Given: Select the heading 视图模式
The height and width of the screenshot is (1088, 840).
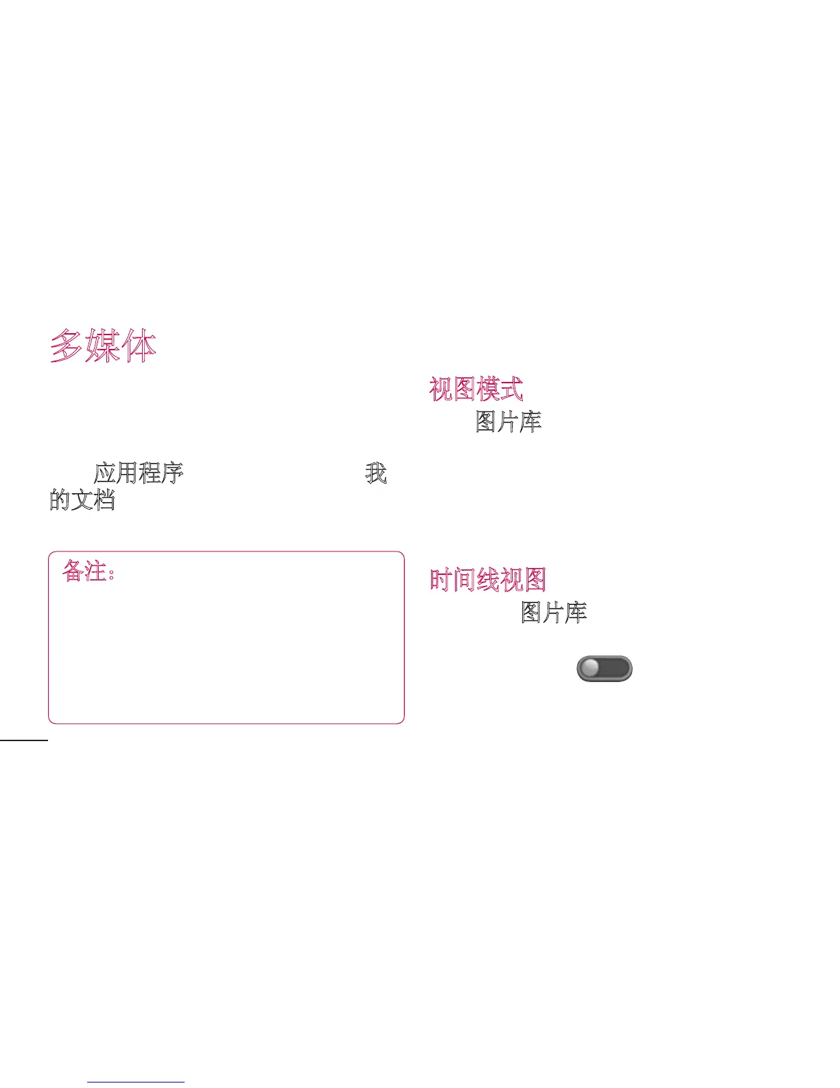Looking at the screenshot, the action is point(476,389).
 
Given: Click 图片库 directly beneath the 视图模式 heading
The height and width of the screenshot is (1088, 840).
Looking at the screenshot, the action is point(509,422).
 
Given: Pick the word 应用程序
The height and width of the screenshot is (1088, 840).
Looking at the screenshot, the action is point(139,473).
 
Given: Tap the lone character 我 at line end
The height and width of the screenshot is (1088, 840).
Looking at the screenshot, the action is point(376,473).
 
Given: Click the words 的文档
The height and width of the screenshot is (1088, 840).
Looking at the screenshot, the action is point(82,499).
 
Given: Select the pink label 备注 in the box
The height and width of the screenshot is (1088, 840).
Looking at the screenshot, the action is point(84,571).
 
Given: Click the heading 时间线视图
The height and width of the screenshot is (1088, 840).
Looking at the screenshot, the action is point(488,580).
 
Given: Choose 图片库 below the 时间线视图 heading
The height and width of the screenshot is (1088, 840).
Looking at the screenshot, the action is point(554,612).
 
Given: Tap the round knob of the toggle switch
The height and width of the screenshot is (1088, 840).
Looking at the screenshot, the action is point(590,668).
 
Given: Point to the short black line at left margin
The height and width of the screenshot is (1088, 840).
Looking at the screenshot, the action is point(24,740).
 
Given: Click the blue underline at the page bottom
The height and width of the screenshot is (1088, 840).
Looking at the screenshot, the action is point(136,1082).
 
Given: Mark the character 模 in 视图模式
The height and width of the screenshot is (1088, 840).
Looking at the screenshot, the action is point(488,389).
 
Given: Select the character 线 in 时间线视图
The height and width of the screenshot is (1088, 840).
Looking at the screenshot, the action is point(488,580).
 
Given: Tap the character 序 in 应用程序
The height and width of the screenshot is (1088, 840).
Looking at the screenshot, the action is point(172,473).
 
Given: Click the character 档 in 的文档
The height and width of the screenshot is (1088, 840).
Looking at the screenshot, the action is point(104,499).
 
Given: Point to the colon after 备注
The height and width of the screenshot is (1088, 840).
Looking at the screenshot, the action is point(112,574).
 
